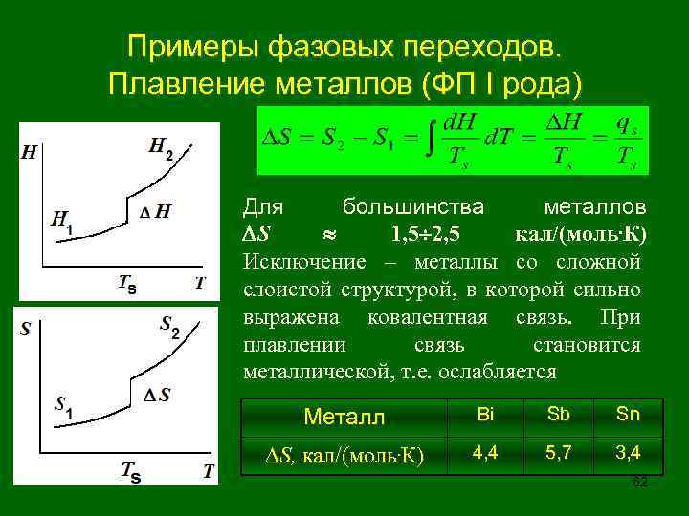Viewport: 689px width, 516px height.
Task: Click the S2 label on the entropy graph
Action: click(169, 328)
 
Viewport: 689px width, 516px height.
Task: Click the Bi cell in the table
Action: click(485, 414)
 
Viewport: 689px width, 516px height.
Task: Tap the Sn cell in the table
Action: click(628, 414)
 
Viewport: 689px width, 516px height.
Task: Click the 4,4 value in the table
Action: click(485, 451)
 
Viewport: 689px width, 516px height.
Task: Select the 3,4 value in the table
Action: click(628, 451)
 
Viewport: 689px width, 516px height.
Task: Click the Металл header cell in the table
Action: click(344, 417)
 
